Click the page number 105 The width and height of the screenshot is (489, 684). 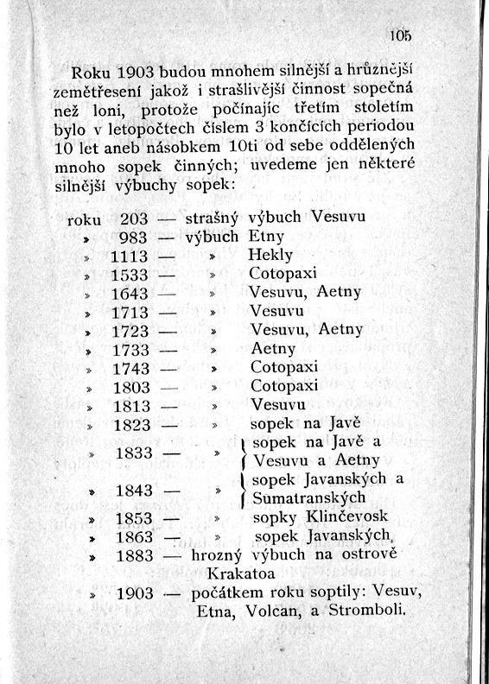[400, 35]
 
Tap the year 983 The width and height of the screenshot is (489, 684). [134, 237]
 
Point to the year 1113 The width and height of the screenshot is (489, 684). [130, 256]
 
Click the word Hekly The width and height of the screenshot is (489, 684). [270, 256]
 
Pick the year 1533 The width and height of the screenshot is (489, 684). [130, 275]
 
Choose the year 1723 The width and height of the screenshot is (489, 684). [131, 331]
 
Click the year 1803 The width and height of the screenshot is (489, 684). [131, 387]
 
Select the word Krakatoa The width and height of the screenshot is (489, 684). [242, 573]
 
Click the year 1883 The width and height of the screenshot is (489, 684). [134, 555]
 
